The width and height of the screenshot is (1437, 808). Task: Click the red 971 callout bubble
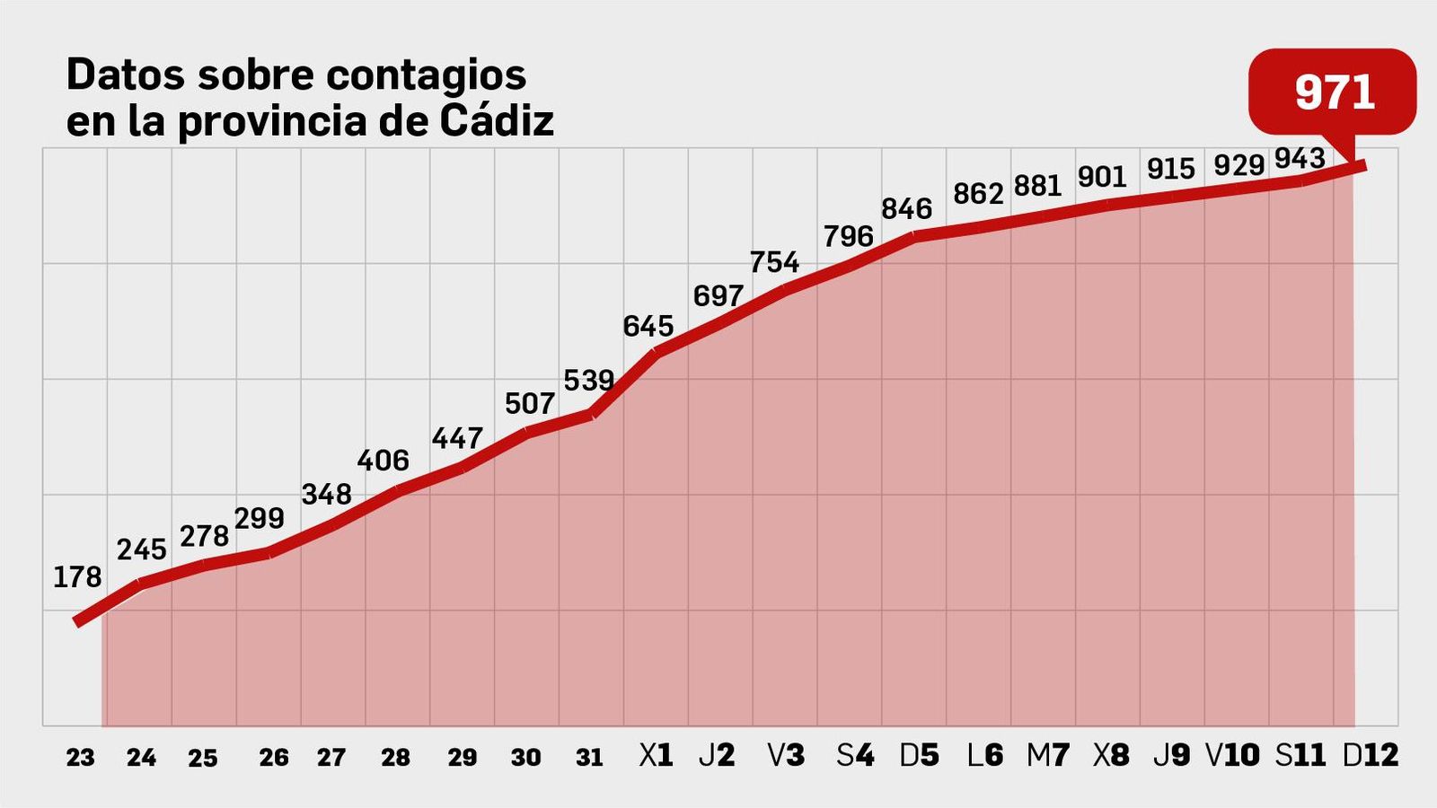(1333, 92)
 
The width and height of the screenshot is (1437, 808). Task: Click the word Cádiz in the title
(497, 121)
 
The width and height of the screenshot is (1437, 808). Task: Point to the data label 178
(77, 577)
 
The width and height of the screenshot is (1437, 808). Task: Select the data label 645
(648, 326)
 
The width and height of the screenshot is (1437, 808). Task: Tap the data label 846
(906, 209)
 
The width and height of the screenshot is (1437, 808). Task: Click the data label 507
(529, 404)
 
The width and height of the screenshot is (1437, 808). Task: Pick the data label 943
(1300, 159)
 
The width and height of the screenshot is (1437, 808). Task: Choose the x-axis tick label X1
(656, 756)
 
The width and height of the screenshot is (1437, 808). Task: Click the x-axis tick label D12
(1370, 756)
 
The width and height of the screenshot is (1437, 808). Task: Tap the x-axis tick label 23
(80, 758)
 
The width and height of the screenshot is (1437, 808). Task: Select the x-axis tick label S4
(854, 756)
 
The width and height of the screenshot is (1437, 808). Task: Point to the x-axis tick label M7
(1047, 756)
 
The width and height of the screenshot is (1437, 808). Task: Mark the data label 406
(383, 461)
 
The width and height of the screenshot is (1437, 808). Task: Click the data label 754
(774, 262)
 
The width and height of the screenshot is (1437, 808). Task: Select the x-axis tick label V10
(1232, 756)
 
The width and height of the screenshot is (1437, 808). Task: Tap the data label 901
(1101, 177)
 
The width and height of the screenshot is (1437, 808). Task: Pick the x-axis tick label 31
(589, 758)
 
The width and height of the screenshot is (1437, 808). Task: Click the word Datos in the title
(126, 75)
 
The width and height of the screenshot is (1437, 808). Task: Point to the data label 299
(260, 519)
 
